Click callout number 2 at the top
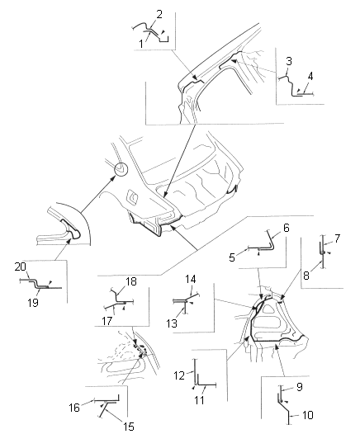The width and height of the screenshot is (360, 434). click(159, 14)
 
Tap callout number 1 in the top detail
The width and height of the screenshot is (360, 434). click(141, 44)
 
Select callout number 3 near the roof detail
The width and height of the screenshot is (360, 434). click(289, 61)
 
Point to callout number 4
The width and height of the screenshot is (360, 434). click(310, 76)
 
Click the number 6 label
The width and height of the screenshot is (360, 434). click(232, 257)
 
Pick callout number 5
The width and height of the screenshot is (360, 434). click(287, 228)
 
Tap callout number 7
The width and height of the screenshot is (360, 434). click(337, 238)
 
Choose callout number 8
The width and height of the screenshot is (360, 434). click(306, 276)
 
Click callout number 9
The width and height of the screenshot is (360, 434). click(300, 387)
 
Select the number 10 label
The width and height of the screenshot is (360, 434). click(307, 415)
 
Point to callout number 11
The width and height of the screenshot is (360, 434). click(199, 400)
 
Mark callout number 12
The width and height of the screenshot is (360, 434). click(179, 375)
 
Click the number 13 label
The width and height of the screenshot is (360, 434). click(172, 323)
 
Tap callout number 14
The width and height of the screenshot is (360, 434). click(191, 279)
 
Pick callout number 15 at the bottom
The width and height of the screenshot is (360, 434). click(129, 427)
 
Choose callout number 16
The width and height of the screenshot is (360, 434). click(74, 408)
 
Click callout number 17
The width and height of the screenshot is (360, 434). click(107, 321)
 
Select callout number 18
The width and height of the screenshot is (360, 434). click(131, 281)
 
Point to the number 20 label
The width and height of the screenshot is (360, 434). click(21, 267)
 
